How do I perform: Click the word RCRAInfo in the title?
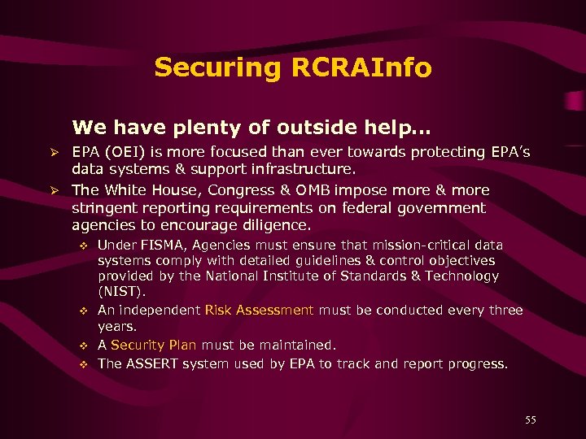coord(364,67)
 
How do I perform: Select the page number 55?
coord(531,420)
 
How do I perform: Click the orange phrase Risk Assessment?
coord(259,310)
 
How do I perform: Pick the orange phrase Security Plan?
coord(154,345)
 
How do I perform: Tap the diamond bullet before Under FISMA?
coord(83,246)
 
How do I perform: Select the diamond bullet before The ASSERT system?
coord(83,364)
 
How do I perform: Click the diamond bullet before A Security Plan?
coord(83,346)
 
